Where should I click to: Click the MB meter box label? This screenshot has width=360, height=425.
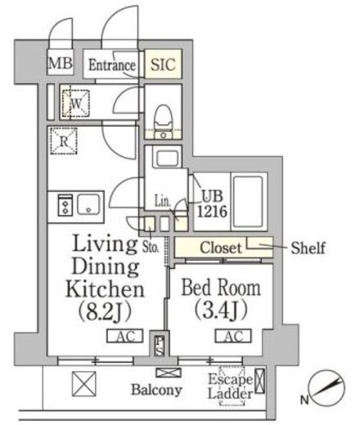click(x=61, y=63)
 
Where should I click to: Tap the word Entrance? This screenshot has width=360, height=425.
click(x=112, y=65)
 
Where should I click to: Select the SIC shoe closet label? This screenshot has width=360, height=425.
click(x=163, y=65)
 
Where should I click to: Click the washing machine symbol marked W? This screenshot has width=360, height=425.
click(x=76, y=103)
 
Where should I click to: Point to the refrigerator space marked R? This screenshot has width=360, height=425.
click(x=64, y=141)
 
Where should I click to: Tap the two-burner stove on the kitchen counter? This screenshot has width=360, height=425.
click(x=65, y=205)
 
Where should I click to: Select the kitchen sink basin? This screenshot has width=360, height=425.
click(x=88, y=204)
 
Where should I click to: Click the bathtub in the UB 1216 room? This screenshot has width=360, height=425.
click(x=248, y=202)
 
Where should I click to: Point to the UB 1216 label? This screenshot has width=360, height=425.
click(x=212, y=204)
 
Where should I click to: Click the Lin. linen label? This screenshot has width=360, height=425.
click(x=163, y=201)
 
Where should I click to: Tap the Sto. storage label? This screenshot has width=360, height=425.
click(x=151, y=247)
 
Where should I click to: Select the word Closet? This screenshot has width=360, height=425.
click(x=221, y=248)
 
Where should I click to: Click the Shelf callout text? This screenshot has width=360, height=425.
click(x=308, y=248)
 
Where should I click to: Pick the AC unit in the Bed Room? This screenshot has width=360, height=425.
click(x=233, y=336)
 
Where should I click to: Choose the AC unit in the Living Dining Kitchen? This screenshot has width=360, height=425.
click(x=125, y=336)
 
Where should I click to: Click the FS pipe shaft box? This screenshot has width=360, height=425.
click(x=160, y=346)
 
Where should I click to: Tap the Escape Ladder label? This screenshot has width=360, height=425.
click(x=230, y=387)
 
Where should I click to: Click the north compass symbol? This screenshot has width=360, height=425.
click(x=326, y=388)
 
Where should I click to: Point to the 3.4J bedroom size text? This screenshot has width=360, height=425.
click(x=221, y=310)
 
